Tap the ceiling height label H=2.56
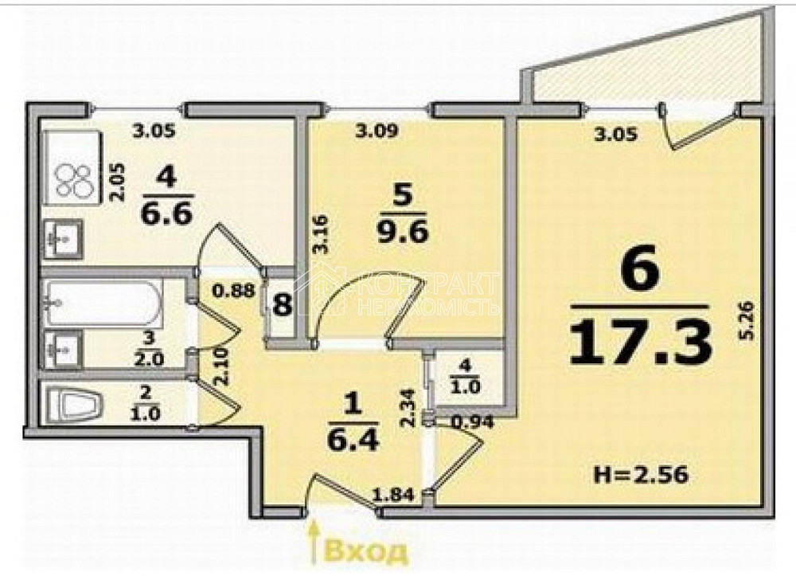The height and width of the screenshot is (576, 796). [640, 476]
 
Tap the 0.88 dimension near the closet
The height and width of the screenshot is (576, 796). [233, 291]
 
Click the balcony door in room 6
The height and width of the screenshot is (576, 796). [691, 131]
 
